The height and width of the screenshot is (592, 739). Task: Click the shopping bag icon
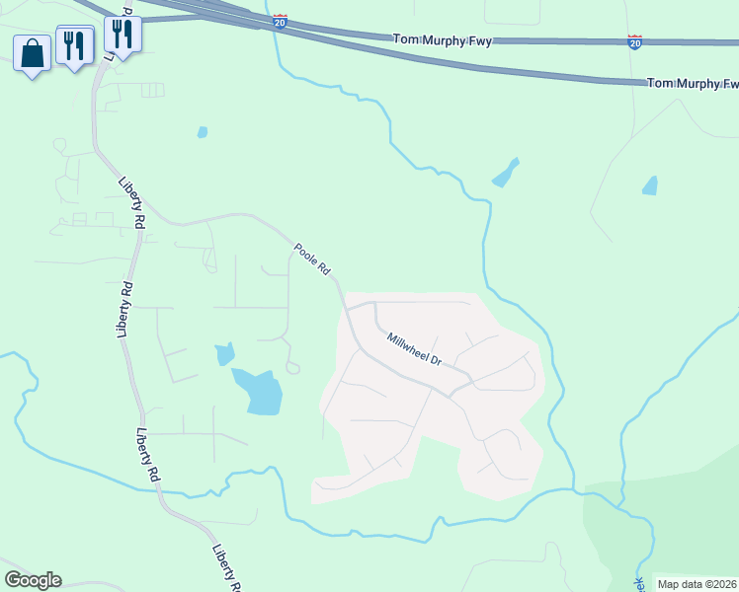[32, 53]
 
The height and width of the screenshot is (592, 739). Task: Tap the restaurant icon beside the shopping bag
[74, 44]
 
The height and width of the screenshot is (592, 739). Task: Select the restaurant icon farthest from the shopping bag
[122, 34]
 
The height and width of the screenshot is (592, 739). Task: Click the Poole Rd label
[311, 259]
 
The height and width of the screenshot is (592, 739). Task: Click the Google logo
[33, 580]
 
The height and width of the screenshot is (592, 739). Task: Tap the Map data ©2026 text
[697, 584]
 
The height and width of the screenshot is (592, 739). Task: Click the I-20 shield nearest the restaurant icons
[281, 22]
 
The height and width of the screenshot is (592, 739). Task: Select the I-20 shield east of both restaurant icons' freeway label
[634, 42]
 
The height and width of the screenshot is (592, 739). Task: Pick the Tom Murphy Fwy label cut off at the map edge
[692, 84]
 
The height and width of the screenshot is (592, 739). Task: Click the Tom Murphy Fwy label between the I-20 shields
[443, 39]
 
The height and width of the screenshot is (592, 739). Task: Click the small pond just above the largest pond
[225, 353]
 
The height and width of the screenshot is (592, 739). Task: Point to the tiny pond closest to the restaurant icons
[203, 131]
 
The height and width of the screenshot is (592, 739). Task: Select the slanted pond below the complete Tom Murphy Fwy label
[505, 173]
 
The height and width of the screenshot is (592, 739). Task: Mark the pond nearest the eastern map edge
[649, 185]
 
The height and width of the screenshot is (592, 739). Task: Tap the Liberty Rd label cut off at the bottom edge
[228, 569]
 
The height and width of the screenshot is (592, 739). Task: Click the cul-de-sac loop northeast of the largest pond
[292, 367]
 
